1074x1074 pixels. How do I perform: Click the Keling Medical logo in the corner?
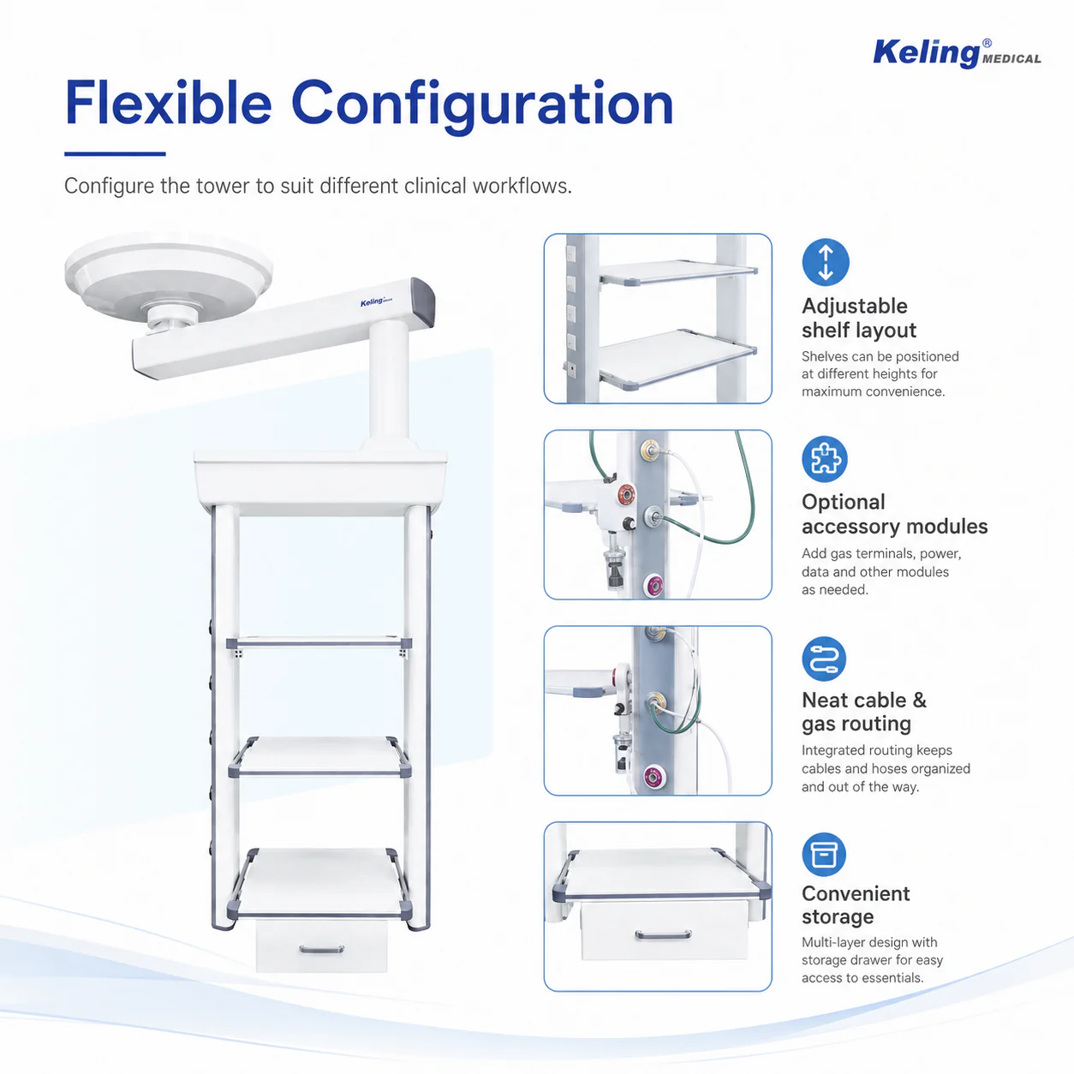[x=957, y=53]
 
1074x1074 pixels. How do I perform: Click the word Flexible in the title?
[x=169, y=104]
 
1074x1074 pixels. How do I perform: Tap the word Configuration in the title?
[x=482, y=106]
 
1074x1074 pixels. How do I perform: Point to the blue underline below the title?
[x=115, y=154]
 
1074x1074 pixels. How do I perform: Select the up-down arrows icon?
[x=826, y=262]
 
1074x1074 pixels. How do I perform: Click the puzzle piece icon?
[x=825, y=459]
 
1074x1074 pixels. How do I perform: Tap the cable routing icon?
[x=824, y=659]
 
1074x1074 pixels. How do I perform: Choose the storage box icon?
[x=824, y=855]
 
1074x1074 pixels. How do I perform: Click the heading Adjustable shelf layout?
[x=859, y=318]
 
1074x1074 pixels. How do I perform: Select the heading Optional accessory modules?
[x=894, y=514]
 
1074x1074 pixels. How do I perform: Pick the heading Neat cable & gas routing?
[x=864, y=712]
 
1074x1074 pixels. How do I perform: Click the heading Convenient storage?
[x=856, y=905]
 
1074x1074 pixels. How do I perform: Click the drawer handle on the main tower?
[x=321, y=949]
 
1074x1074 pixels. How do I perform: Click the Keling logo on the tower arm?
[x=376, y=302]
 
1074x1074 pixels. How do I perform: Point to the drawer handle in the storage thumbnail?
[x=663, y=934]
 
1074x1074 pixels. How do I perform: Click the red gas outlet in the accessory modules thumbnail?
[x=626, y=494]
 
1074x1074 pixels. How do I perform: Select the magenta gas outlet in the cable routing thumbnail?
[x=653, y=775]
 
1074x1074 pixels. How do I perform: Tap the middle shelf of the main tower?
[x=320, y=756]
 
